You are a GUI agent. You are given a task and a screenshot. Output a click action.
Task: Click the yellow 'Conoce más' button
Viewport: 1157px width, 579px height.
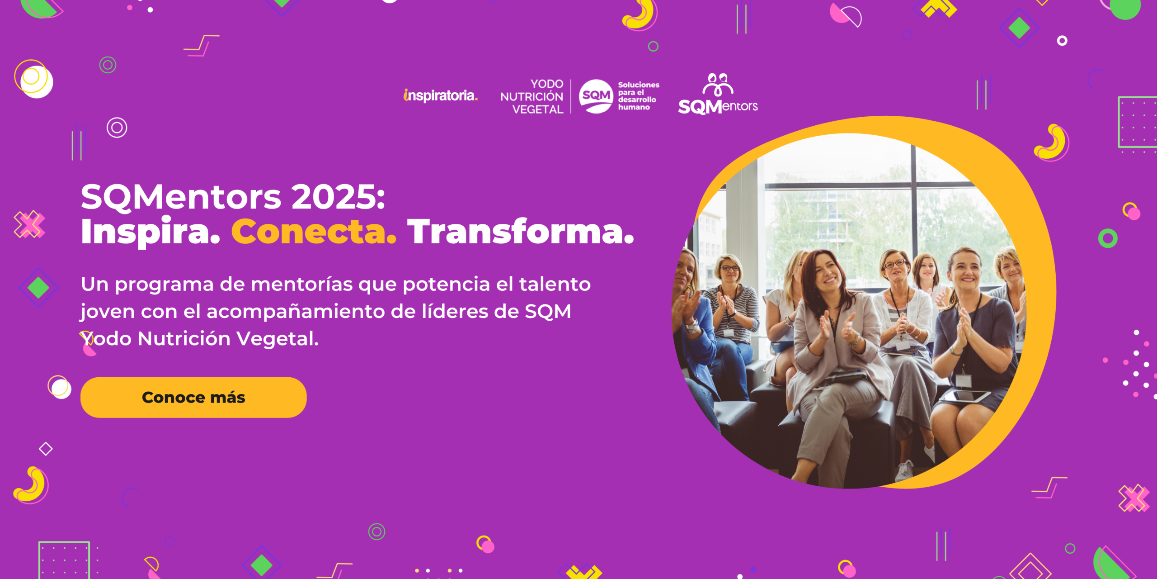[x=193, y=397]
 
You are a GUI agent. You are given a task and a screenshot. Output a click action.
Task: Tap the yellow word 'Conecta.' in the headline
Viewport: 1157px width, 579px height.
[x=314, y=232]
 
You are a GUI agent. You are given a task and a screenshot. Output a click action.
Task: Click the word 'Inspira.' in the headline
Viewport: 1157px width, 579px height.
[x=150, y=232]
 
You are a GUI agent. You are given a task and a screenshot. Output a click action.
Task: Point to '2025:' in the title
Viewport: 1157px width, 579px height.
[x=338, y=197]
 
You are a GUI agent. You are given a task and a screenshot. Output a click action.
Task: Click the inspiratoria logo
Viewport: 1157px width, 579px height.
[x=440, y=95]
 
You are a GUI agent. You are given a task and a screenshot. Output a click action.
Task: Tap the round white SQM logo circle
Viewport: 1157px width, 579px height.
[x=596, y=96]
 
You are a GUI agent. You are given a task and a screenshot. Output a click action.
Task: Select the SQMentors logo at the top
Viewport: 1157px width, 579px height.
[x=718, y=95]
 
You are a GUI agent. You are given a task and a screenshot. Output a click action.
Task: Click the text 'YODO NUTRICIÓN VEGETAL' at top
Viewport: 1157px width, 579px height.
[x=532, y=96]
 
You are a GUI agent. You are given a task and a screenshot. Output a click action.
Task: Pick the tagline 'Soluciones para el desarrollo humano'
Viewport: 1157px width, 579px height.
[x=638, y=96]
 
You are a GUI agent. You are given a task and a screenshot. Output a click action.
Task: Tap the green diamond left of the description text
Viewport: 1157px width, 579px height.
[x=38, y=288]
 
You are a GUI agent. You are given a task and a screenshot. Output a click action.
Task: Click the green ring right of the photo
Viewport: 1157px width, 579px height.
[x=1108, y=238]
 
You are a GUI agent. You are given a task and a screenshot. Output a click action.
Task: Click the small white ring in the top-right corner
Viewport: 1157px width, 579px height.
[x=1062, y=41]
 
